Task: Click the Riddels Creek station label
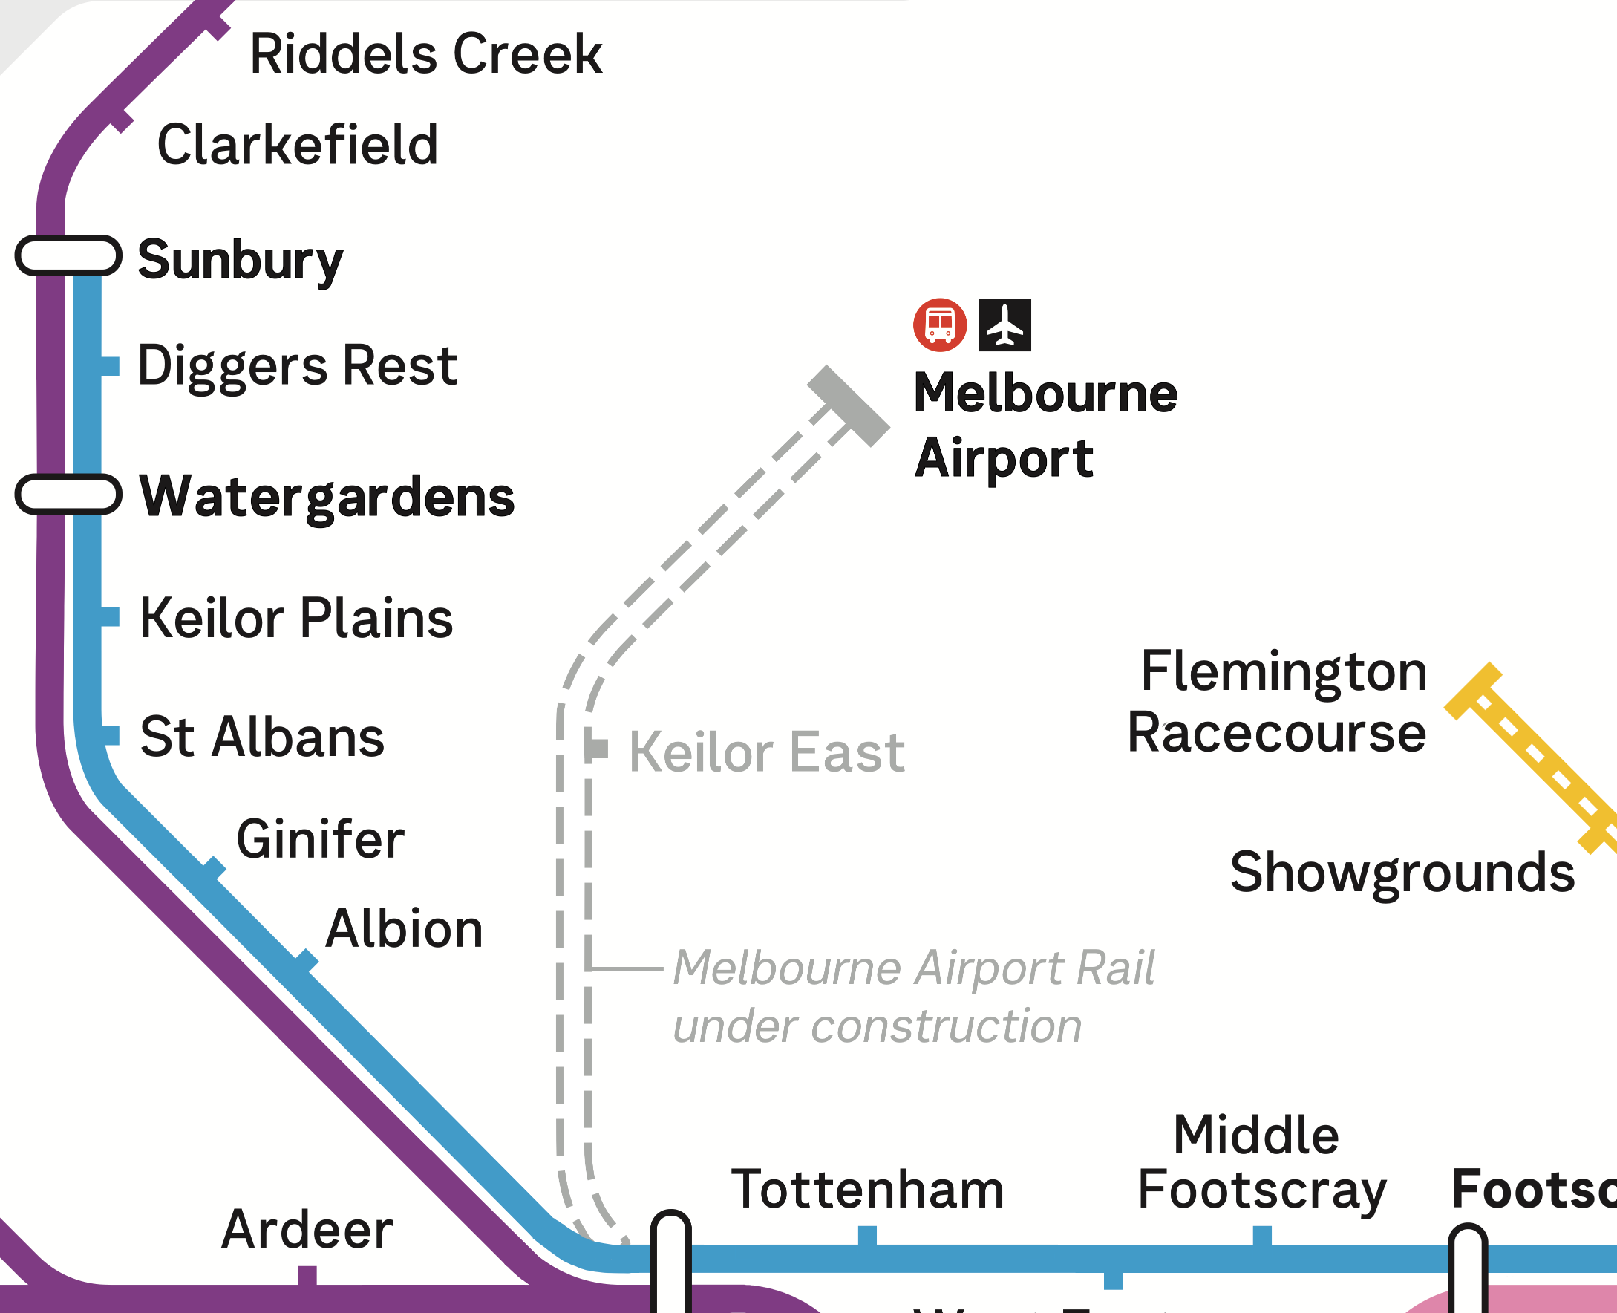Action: coord(425,54)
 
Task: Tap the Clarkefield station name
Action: coord(297,145)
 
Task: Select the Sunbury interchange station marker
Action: coord(68,255)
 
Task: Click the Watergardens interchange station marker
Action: coord(68,495)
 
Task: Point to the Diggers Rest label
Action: coord(297,366)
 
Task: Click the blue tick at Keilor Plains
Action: coord(110,617)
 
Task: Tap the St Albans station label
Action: coord(262,737)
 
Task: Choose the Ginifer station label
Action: coord(321,839)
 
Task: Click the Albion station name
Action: coord(404,929)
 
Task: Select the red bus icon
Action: coord(940,325)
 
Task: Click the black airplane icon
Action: coord(1004,325)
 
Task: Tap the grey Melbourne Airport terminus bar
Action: coord(848,406)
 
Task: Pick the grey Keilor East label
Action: coord(766,752)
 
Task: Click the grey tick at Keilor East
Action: coord(598,749)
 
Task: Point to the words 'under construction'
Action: coord(877,1026)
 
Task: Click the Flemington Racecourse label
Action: coord(1278,702)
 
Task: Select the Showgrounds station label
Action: coord(1402,872)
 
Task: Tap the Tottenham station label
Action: coord(867,1190)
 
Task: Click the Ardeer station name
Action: coord(307,1229)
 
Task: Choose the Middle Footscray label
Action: coord(1261,1163)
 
